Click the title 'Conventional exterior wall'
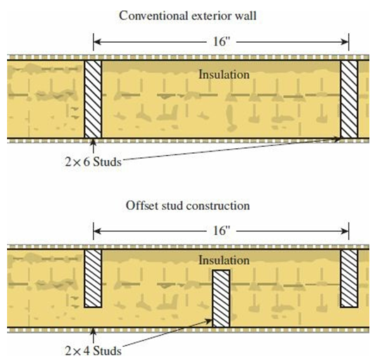[187, 16]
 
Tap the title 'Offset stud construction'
[188, 206]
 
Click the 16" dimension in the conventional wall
[221, 41]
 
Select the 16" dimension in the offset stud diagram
[221, 230]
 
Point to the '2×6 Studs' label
[94, 161]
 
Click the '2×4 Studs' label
[94, 351]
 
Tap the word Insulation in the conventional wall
[224, 74]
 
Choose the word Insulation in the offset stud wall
[224, 260]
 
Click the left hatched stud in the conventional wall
[93, 99]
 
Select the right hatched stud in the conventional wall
[349, 99]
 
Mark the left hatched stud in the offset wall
[93, 278]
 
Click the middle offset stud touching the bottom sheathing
[221, 298]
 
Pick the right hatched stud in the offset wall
[349, 278]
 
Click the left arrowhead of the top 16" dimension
[96, 42]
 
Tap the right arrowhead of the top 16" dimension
[345, 42]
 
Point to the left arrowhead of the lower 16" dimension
[96, 231]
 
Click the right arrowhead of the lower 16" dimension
[345, 231]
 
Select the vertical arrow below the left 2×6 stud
[94, 146]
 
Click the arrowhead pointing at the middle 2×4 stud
[208, 321]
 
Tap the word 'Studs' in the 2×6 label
[107, 161]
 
